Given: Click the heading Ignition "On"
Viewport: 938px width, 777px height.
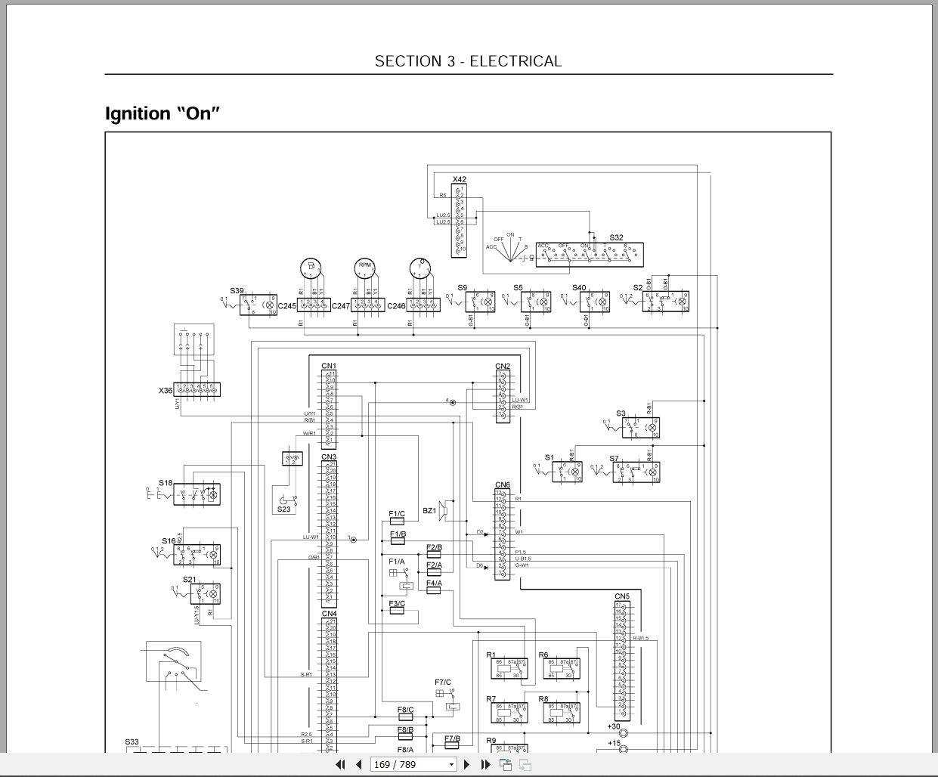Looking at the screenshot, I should tap(162, 113).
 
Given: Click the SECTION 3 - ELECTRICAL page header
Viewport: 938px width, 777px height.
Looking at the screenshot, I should tap(468, 61).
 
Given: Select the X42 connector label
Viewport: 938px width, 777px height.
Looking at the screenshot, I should tap(460, 180).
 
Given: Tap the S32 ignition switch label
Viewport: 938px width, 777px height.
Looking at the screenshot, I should tap(617, 238).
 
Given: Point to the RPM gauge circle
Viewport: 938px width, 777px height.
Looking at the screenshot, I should tap(365, 266).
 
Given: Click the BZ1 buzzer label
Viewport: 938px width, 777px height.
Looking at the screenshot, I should tap(429, 511).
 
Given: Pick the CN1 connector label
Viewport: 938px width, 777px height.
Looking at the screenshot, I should tap(329, 366).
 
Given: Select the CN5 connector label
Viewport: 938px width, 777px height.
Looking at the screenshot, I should tap(622, 596).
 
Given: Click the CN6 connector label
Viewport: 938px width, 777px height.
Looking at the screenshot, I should tap(503, 485).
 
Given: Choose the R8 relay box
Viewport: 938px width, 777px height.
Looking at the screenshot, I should tap(561, 713).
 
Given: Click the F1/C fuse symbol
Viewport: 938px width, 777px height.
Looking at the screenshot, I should tap(397, 522).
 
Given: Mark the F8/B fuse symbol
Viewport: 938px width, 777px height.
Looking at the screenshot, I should tap(405, 738).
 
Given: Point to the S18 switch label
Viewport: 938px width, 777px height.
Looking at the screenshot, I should tap(166, 483).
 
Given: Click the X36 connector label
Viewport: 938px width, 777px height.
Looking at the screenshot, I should tap(166, 391).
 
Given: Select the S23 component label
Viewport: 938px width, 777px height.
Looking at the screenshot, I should tap(283, 509).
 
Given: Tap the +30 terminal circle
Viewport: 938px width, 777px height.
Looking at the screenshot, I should tap(624, 733).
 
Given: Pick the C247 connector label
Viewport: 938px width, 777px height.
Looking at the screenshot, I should tap(340, 306).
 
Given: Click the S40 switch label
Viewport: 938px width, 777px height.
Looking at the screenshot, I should tap(579, 288).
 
